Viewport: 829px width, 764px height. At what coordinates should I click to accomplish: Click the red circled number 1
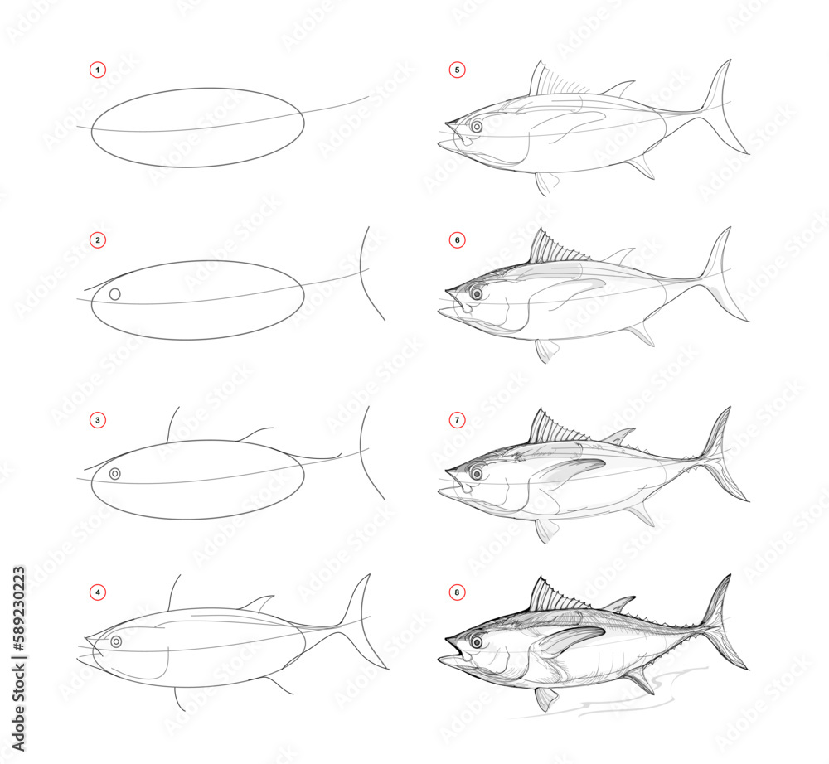(98, 70)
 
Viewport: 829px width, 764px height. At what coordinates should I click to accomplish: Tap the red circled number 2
(98, 240)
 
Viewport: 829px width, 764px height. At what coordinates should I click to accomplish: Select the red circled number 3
(98, 420)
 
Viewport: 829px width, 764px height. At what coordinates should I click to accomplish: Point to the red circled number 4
(98, 592)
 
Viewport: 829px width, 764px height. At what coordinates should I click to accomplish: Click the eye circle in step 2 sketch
(115, 294)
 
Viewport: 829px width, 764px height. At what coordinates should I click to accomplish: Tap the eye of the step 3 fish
(115, 473)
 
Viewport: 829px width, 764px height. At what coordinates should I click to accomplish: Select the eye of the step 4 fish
(116, 642)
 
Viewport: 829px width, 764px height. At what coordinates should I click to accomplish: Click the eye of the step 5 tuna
(478, 127)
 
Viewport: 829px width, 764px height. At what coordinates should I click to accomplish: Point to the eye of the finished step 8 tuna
(478, 641)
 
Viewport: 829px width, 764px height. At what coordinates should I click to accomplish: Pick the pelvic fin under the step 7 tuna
(545, 529)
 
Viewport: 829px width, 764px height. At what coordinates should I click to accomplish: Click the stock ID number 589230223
(18, 629)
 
